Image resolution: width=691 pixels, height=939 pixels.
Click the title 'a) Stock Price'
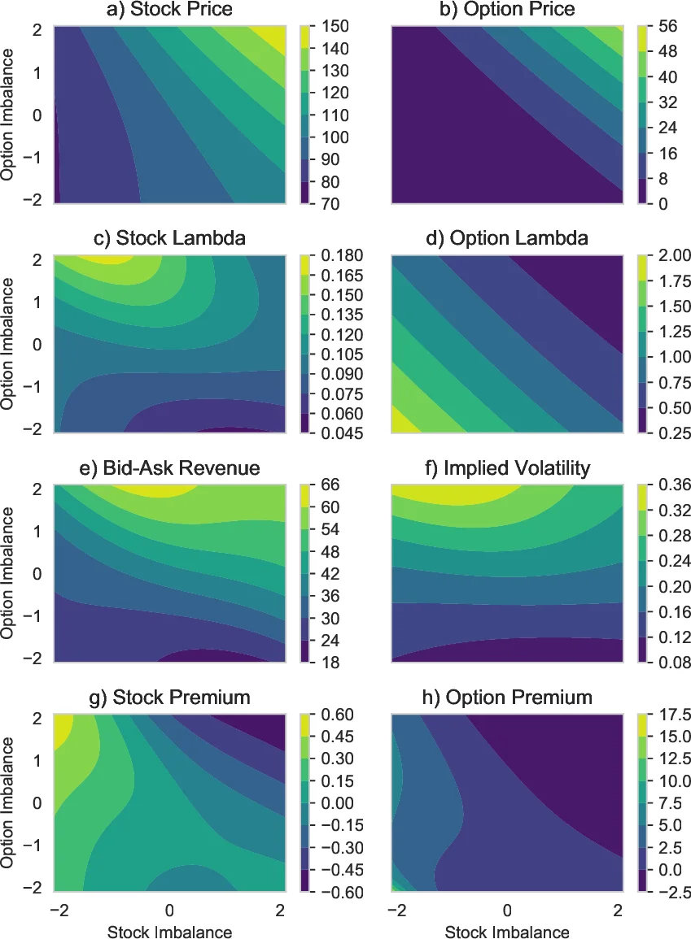point(169,10)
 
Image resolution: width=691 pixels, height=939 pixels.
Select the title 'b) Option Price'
point(507,10)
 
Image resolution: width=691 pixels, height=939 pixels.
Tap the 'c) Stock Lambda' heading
point(169,239)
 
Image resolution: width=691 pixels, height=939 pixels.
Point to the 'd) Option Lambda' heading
point(507,239)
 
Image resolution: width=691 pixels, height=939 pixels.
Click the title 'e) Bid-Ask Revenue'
point(169,468)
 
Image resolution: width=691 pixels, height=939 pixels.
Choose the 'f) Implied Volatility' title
point(507,468)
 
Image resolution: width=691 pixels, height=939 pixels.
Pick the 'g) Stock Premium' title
point(169,698)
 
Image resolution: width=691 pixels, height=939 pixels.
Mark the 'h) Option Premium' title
point(507,698)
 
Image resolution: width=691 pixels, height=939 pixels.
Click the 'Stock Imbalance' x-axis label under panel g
point(169,931)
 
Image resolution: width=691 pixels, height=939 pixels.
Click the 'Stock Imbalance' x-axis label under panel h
point(507,931)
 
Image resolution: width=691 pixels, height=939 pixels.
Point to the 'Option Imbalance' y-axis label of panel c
point(10,344)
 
